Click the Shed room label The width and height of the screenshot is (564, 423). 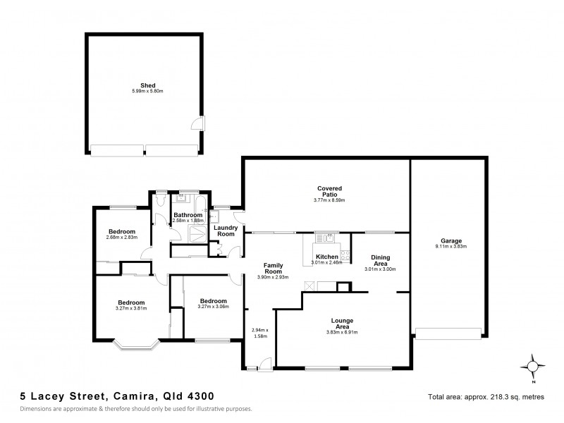(147, 85)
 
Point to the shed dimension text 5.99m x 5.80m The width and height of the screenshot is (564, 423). (147, 91)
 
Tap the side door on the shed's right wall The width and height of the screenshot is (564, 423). (200, 123)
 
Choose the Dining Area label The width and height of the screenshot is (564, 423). (380, 261)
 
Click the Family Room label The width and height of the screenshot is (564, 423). (273, 269)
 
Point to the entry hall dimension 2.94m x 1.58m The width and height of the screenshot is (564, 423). (260, 333)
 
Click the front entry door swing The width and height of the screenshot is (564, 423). (264, 362)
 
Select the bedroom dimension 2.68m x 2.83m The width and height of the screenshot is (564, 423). (121, 238)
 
